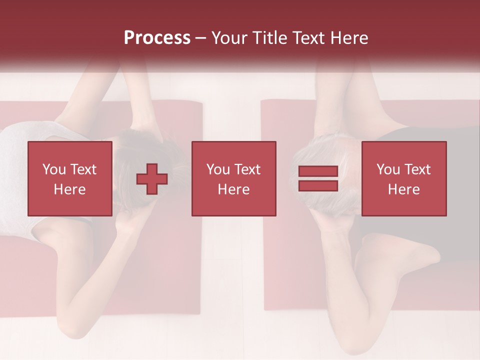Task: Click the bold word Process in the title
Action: click(157, 37)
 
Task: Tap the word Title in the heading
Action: click(268, 38)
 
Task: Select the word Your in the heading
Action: click(229, 38)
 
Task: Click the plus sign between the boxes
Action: click(152, 178)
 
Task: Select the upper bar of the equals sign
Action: click(318, 171)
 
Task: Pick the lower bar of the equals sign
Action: click(318, 185)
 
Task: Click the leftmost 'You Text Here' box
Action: click(70, 178)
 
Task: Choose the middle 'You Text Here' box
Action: click(234, 178)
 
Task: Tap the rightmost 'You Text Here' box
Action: click(404, 178)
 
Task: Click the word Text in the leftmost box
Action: click(83, 169)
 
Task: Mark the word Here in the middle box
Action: click(234, 189)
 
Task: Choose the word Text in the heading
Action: click(306, 38)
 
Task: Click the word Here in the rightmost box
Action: click(404, 189)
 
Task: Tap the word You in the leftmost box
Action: click(54, 169)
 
